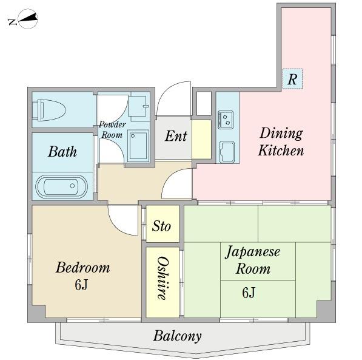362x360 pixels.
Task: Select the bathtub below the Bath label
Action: coord(61,186)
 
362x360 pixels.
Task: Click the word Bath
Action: coord(62,151)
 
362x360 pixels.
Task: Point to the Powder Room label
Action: coord(112,130)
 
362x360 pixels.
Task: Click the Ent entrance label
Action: coord(176,136)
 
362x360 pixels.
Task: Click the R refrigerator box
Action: coord(292,79)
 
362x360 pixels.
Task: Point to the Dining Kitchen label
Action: coord(281,141)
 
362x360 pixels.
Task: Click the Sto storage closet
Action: coord(161,226)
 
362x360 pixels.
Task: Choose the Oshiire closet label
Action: coord(162,277)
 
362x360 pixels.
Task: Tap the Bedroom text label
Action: coord(82,268)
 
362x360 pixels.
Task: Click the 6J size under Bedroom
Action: coord(82,285)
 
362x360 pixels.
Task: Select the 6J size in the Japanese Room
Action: coord(249,293)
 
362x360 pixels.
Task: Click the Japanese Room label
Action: coord(253,260)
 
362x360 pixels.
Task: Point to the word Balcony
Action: coord(177,336)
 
